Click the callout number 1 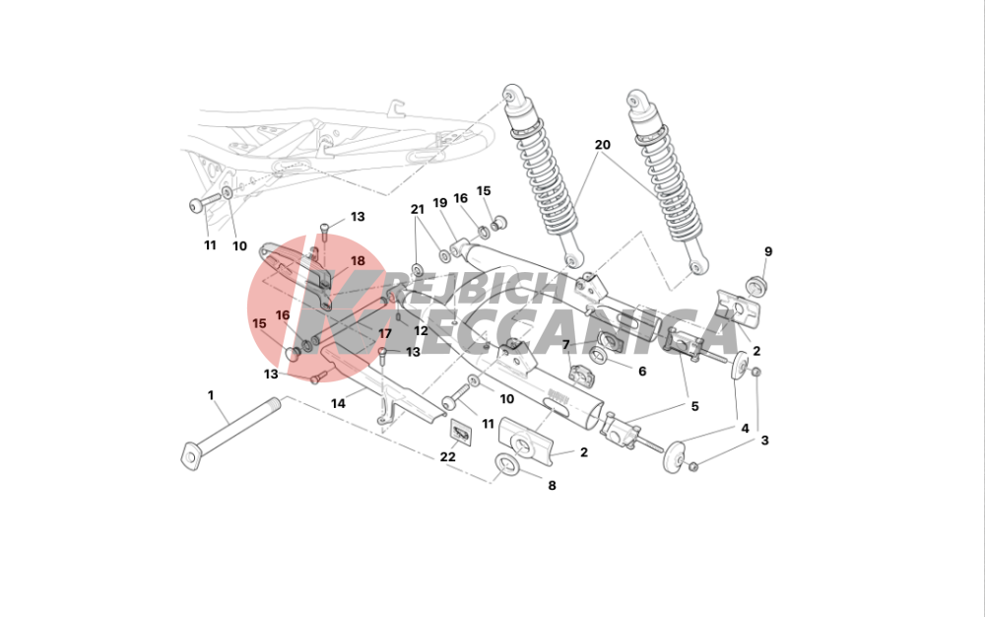[211, 395]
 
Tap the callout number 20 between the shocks [602, 145]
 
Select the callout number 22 [447, 456]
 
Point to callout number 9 [768, 251]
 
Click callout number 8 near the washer [552, 485]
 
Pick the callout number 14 [338, 403]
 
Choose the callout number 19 [439, 203]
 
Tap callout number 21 [418, 209]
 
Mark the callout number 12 [421, 330]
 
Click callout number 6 [642, 372]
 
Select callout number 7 [566, 345]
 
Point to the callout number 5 [694, 406]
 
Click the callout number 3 [764, 441]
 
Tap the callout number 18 [358, 261]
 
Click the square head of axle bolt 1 [190, 455]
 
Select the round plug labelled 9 [756, 285]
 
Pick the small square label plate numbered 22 [460, 433]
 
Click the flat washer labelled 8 [507, 465]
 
